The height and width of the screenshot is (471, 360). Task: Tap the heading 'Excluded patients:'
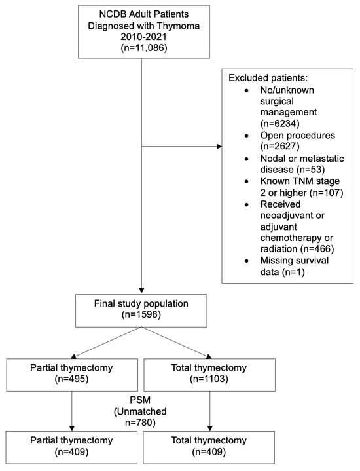tap(268, 78)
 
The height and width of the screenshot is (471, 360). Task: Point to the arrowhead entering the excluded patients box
tap(218, 147)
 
